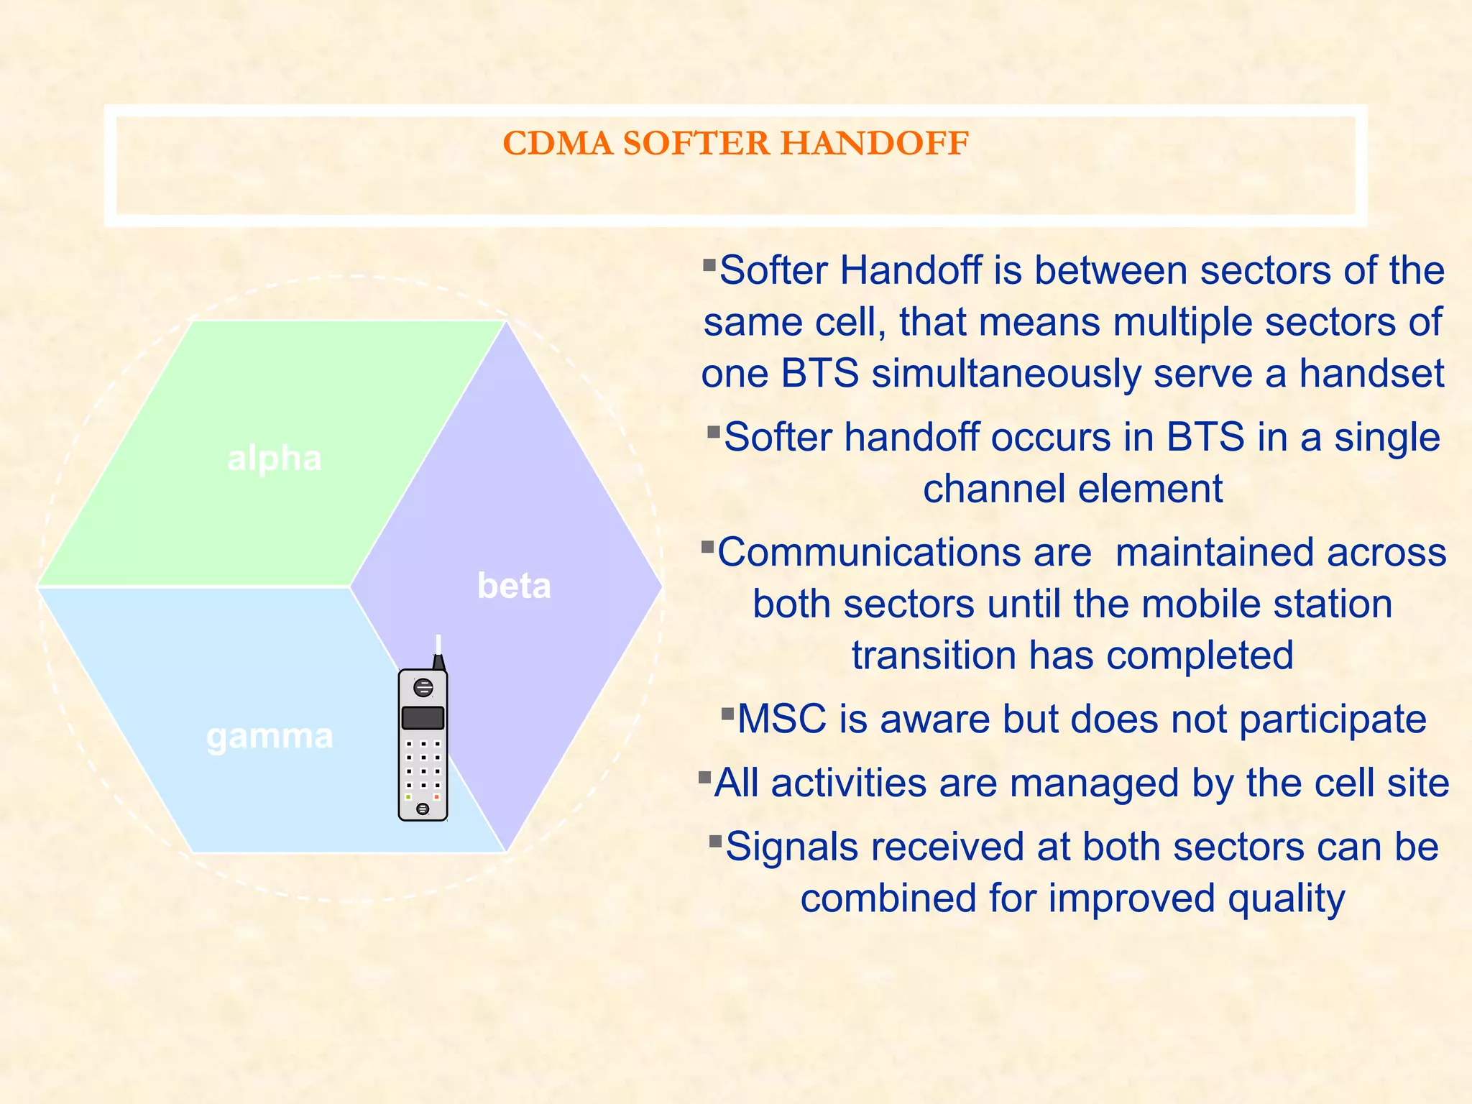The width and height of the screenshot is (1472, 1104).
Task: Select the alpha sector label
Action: (x=274, y=459)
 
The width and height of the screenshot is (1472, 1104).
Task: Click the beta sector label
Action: (x=514, y=586)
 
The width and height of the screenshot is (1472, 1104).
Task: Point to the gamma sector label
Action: (x=270, y=736)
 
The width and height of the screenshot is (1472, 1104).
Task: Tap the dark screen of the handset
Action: (x=423, y=717)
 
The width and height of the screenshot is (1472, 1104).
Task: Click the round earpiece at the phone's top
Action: (x=423, y=688)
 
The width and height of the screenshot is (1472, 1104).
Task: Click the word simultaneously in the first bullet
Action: (x=1006, y=374)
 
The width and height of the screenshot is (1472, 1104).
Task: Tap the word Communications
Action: (x=904, y=552)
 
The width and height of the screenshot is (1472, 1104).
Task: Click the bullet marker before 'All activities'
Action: (x=705, y=777)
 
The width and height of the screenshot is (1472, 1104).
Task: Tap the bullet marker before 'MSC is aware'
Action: (x=728, y=714)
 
